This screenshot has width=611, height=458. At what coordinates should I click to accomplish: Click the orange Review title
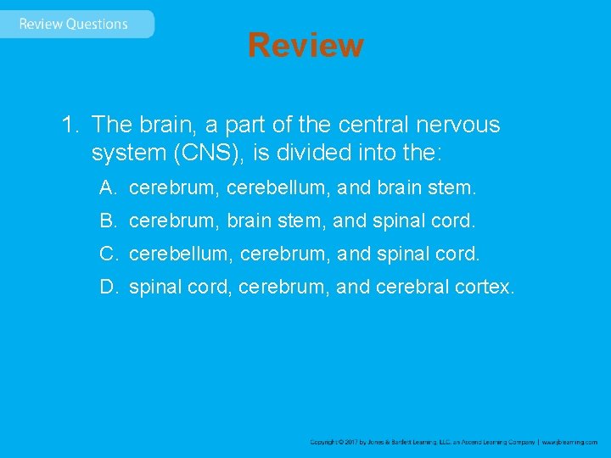pos(305,45)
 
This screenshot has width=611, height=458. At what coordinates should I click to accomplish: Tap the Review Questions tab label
pos(73,24)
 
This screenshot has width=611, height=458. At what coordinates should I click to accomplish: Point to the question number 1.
pos(69,126)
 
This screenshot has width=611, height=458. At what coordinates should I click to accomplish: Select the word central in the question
pos(371,126)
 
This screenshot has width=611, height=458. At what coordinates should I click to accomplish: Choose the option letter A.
pos(107,187)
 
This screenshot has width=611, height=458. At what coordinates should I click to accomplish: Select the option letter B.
pos(107,221)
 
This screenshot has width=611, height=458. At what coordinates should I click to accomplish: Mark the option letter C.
pos(108,254)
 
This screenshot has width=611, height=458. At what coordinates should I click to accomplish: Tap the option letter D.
pos(108,288)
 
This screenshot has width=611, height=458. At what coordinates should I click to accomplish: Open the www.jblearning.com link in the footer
pos(570,442)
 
